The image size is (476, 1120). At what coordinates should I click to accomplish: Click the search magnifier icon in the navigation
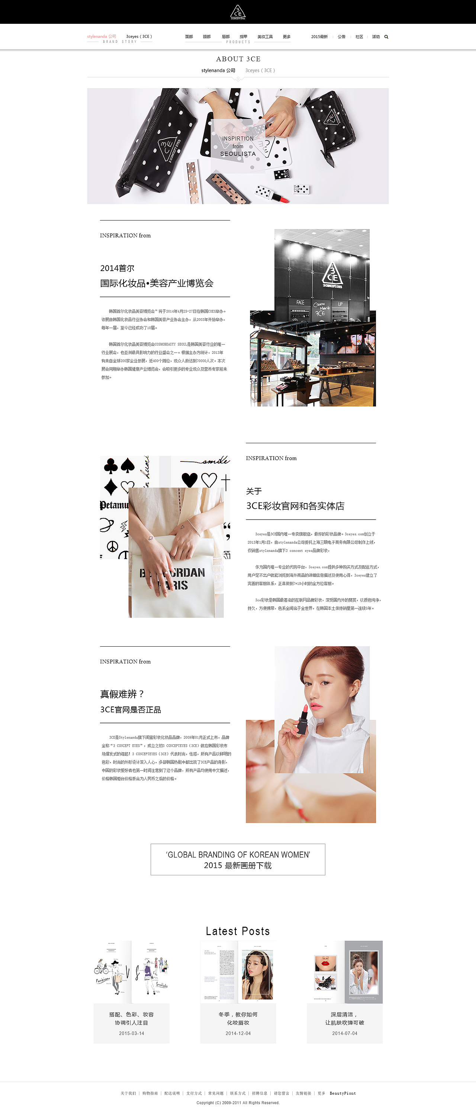(386, 37)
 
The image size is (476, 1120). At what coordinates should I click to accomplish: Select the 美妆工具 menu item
(265, 37)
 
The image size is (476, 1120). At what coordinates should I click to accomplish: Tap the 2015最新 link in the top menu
(319, 37)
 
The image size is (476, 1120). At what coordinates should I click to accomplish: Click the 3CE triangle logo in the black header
(238, 12)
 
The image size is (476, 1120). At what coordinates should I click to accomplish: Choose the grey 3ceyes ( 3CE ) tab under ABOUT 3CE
(260, 70)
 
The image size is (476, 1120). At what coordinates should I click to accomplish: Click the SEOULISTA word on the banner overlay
(238, 154)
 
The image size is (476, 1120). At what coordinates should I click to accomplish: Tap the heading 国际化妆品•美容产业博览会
(157, 283)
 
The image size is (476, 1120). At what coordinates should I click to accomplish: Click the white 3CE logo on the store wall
(332, 276)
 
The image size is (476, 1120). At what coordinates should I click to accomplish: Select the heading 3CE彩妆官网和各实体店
(295, 506)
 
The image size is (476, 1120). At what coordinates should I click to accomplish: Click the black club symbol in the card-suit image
(111, 466)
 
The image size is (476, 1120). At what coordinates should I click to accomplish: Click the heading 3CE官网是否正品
(131, 709)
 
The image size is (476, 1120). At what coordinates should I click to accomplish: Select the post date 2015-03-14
(131, 1033)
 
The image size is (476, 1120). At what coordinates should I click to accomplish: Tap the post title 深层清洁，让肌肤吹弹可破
(344, 1018)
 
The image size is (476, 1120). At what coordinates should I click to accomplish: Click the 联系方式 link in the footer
(238, 1093)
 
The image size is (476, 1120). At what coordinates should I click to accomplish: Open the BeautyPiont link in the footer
(342, 1093)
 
